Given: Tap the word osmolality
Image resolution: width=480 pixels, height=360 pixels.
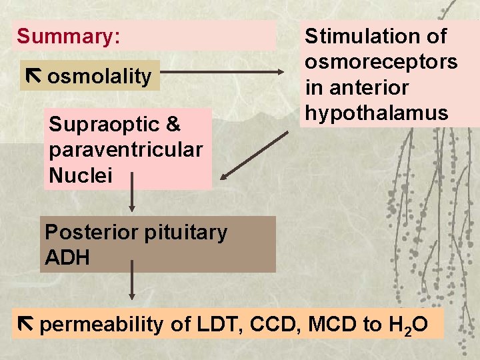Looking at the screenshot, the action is tap(100, 76).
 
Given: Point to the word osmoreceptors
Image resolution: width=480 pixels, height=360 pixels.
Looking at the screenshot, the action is tap(381, 62).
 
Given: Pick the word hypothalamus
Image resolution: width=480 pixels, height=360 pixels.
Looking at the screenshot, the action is tap(377, 113).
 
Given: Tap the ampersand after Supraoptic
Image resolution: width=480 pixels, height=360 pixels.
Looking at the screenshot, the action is tap(173, 124).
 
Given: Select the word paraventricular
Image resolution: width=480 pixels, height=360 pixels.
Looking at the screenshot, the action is tap(125, 150).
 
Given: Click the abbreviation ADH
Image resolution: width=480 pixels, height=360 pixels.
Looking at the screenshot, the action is tap(67, 258).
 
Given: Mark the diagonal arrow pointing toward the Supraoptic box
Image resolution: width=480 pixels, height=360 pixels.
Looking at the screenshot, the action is tap(255, 155).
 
